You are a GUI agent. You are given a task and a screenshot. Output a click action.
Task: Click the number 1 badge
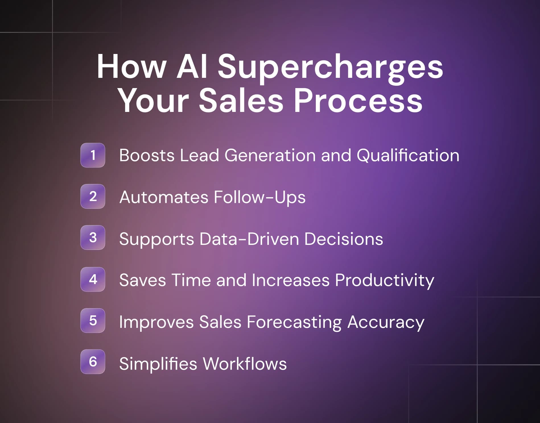pyautogui.click(x=93, y=155)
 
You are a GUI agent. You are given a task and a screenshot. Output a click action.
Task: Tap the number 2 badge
pyautogui.click(x=93, y=196)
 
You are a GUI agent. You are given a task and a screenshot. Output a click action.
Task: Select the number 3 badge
pyautogui.click(x=93, y=237)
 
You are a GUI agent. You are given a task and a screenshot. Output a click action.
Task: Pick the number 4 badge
pyautogui.click(x=93, y=279)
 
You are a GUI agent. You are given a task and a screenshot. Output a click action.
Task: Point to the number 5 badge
pyautogui.click(x=93, y=320)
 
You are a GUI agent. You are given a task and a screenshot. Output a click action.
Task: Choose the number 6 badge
pyautogui.click(x=93, y=362)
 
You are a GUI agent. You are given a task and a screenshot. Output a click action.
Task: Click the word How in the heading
pyautogui.click(x=131, y=67)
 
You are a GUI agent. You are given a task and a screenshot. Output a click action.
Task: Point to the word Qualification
pyautogui.click(x=408, y=156)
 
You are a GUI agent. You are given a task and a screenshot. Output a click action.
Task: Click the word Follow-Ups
pyautogui.click(x=259, y=197)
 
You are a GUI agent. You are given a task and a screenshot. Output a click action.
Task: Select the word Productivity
pyautogui.click(x=384, y=281)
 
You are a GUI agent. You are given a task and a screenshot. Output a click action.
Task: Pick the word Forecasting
pyautogui.click(x=294, y=322)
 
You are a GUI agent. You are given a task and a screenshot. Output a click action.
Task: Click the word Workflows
pyautogui.click(x=245, y=364)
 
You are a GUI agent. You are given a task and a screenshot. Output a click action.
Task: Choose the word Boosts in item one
pyautogui.click(x=147, y=155)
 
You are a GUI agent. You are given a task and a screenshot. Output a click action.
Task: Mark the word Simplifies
pyautogui.click(x=158, y=364)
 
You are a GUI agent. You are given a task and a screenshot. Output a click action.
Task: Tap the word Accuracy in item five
pyautogui.click(x=386, y=322)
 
